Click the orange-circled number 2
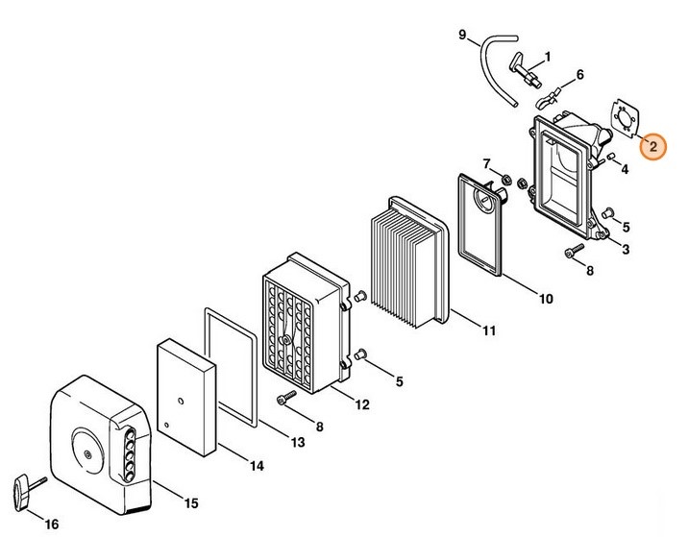[652, 147]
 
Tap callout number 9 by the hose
[462, 37]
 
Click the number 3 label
[626, 251]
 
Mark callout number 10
[545, 299]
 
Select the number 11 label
[488, 331]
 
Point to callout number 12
[361, 405]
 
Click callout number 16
[52, 524]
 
